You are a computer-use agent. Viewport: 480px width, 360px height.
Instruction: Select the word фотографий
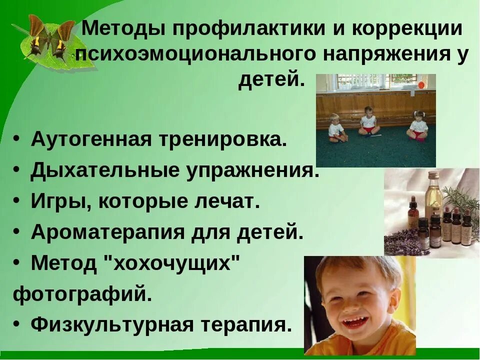(x=82, y=294)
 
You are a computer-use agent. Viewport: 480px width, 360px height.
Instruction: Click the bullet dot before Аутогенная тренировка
(x=17, y=140)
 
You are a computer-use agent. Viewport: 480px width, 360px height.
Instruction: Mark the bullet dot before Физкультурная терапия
(x=17, y=325)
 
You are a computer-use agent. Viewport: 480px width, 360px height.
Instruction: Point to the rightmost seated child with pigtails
(x=418, y=125)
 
